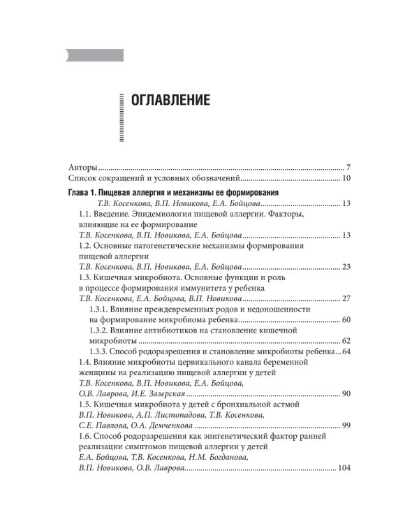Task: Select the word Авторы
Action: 83,168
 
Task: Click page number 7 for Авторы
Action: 348,168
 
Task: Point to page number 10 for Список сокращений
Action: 346,179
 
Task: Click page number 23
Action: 346,267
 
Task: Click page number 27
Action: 346,298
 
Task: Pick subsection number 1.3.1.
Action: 102,309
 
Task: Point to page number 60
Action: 346,319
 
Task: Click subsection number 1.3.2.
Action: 102,330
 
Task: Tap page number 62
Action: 346,340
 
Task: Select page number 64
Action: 346,351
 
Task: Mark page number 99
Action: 346,425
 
